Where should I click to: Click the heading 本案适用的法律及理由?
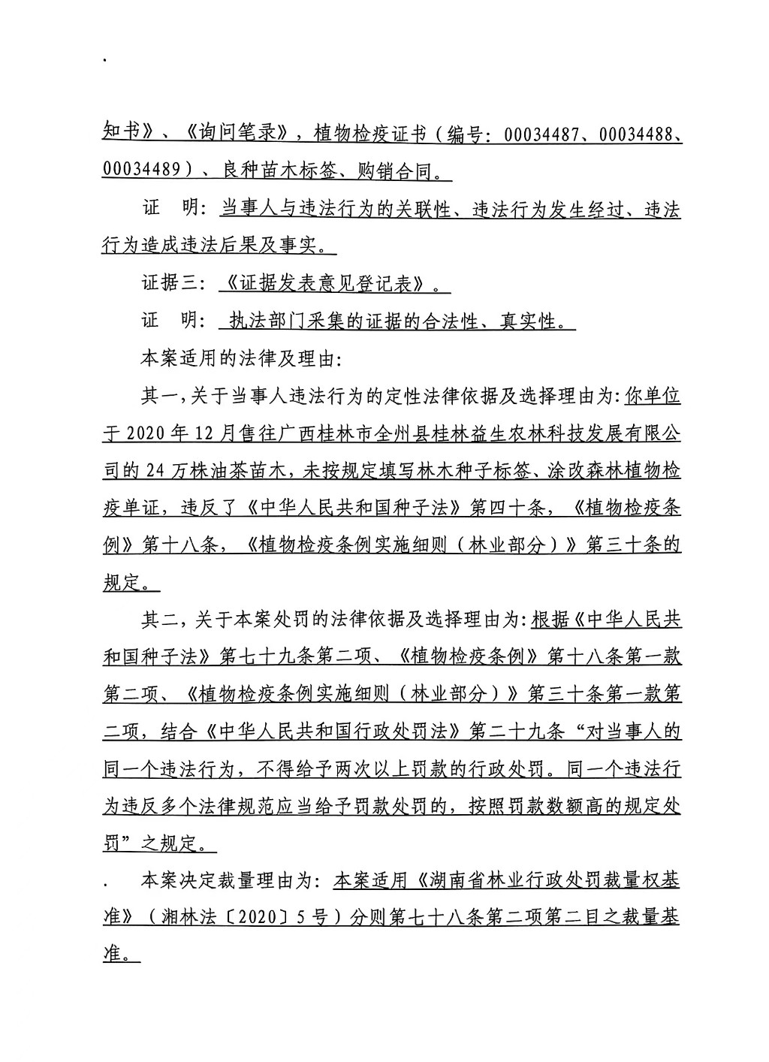coord(240,359)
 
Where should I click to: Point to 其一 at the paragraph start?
coord(160,396)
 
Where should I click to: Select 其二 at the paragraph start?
coord(160,620)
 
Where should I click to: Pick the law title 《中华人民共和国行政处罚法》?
coord(331,732)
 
